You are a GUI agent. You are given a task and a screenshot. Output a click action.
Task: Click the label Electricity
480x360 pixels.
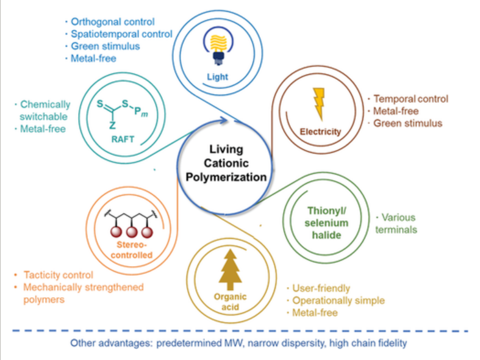pyautogui.click(x=320, y=131)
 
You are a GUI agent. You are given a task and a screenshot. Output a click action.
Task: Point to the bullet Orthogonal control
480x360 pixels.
pyautogui.click(x=113, y=22)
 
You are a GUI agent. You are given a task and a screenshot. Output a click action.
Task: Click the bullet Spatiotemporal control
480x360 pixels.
pyautogui.click(x=122, y=34)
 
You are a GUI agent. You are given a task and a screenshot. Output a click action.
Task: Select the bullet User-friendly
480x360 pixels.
pyautogui.click(x=321, y=289)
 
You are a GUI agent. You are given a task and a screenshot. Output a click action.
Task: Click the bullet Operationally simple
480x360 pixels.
pyautogui.click(x=338, y=301)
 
